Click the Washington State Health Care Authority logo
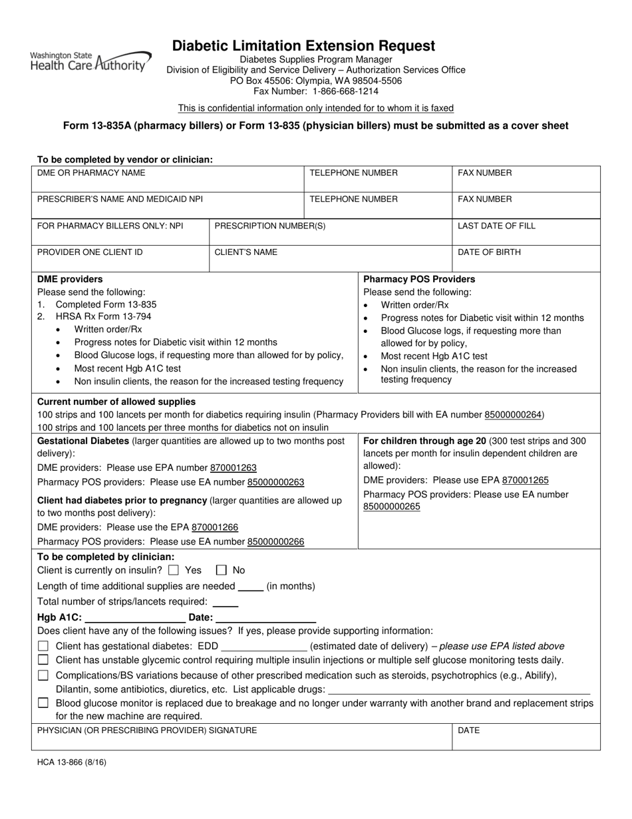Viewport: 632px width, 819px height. (x=90, y=61)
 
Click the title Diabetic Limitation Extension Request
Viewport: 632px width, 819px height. (x=304, y=46)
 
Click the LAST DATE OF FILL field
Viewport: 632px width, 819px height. (x=526, y=232)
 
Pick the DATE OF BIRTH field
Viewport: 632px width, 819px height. (x=526, y=259)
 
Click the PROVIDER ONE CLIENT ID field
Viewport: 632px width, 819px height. (x=122, y=259)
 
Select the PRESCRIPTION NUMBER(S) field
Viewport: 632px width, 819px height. (x=330, y=232)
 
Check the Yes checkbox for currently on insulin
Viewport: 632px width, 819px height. (x=174, y=570)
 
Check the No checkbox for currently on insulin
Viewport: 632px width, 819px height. (x=222, y=570)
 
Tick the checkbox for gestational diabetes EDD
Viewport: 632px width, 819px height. (x=43, y=646)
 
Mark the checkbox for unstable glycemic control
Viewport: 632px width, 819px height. (x=43, y=660)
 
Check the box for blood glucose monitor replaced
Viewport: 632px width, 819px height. (x=43, y=702)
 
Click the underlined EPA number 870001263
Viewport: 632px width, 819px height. (x=234, y=468)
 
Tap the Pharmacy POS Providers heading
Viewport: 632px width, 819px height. (x=418, y=279)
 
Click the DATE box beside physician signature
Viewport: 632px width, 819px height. (x=526, y=737)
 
